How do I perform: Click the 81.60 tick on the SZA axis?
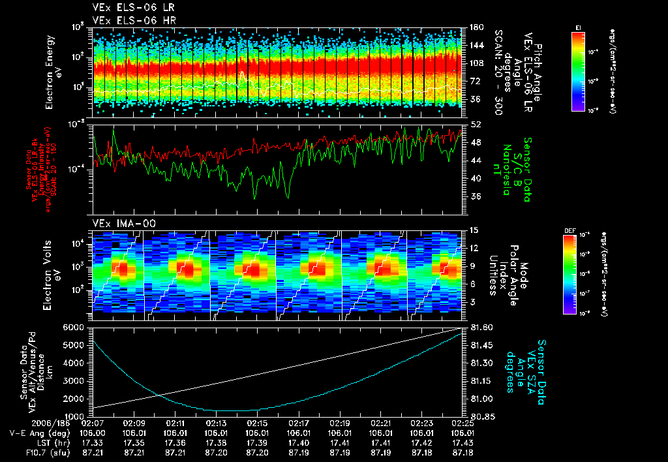483,327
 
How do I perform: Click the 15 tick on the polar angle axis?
474,230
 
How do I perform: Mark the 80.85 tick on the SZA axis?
483,416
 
